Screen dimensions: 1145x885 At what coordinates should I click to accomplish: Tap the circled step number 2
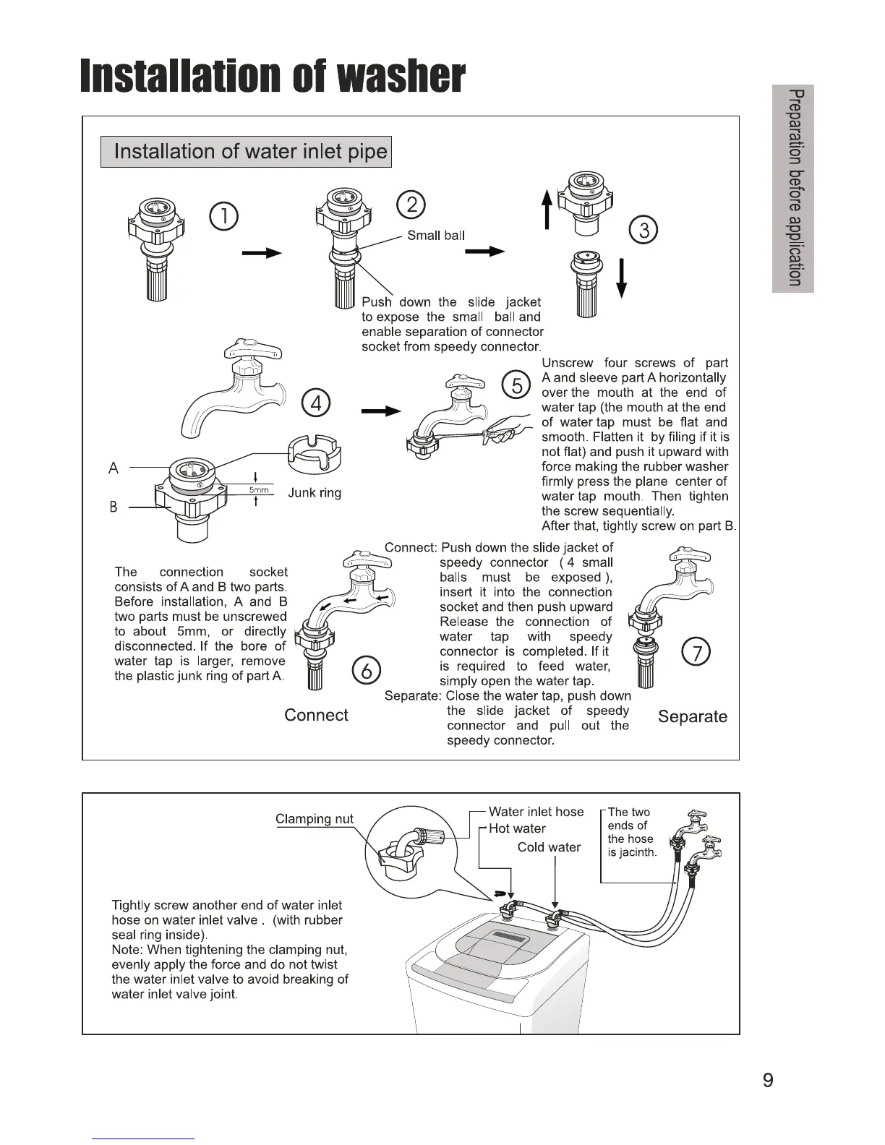tap(411, 205)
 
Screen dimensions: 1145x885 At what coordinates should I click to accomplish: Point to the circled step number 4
tap(316, 402)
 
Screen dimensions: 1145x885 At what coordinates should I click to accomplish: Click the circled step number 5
tap(516, 385)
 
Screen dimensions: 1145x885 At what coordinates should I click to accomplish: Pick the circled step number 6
tap(366, 671)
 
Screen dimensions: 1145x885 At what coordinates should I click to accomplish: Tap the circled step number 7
tap(696, 653)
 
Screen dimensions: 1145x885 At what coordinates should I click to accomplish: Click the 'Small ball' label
tap(436, 236)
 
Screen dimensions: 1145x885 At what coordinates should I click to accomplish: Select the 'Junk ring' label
tap(315, 493)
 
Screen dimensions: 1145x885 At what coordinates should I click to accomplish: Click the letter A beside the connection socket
tap(114, 468)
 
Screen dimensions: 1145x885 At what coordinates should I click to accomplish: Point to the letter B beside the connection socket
tap(114, 507)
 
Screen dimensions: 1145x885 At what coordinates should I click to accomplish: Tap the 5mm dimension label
tap(259, 490)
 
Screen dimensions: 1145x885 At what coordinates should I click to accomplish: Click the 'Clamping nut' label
tap(315, 819)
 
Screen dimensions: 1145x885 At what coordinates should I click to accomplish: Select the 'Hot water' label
tap(517, 828)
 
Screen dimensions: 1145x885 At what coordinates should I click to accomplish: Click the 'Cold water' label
tap(549, 847)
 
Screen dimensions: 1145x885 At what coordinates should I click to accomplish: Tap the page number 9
tap(768, 1081)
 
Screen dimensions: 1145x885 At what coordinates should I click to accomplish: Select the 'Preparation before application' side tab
tap(793, 189)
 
